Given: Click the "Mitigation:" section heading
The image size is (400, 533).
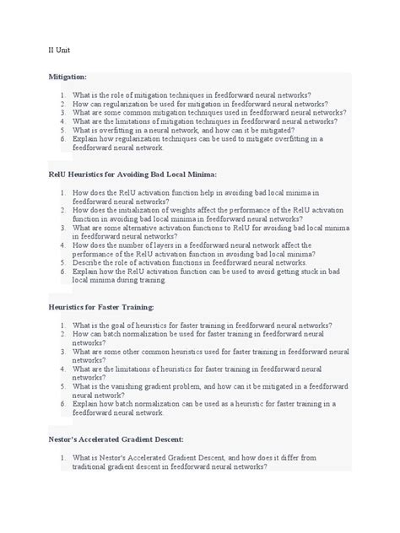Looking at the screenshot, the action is [x=69, y=77].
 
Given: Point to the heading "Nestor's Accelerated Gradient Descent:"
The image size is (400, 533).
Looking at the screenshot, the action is [x=124, y=439].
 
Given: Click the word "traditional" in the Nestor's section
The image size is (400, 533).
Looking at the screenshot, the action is [x=92, y=466].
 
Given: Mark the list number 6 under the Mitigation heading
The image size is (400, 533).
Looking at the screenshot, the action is [x=63, y=138].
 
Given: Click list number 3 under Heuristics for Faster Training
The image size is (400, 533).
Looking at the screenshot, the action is [x=63, y=351].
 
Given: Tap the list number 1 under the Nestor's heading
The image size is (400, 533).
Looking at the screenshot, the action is [x=63, y=458].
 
